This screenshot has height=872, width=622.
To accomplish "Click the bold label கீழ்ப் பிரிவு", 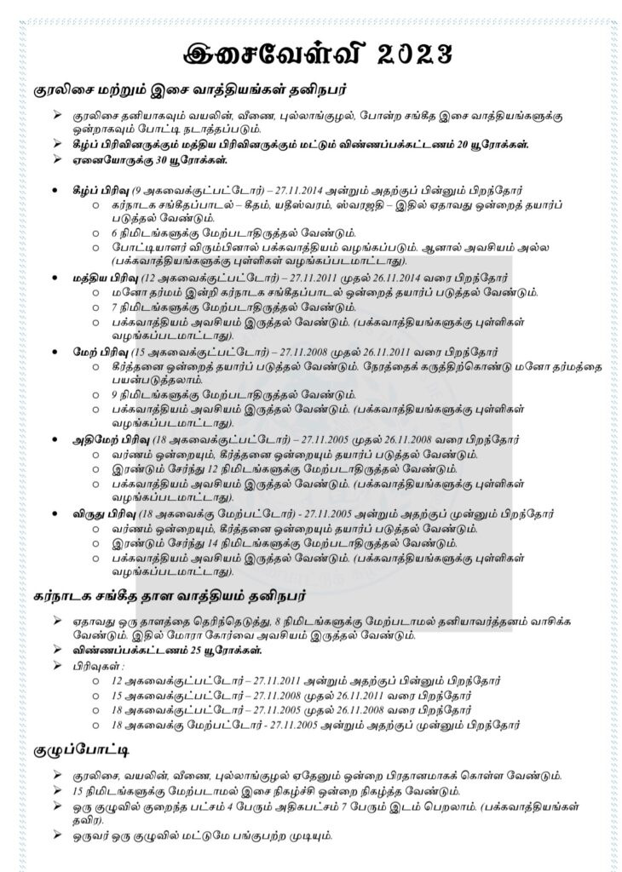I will (101, 190).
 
